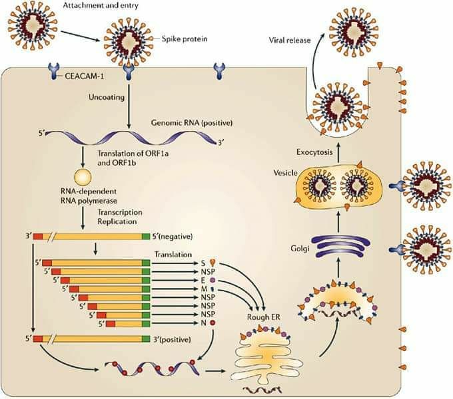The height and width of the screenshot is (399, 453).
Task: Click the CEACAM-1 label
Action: (85, 76)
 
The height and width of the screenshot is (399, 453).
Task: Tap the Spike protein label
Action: (185, 39)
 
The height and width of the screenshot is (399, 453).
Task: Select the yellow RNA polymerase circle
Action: (83, 177)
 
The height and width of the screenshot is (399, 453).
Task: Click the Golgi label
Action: (300, 248)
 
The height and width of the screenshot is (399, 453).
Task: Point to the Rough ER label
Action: (264, 317)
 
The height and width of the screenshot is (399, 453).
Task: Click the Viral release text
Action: (290, 40)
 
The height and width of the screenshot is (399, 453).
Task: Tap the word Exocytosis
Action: (314, 152)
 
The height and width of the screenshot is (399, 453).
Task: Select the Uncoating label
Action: (107, 98)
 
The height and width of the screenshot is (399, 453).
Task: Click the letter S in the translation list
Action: (203, 263)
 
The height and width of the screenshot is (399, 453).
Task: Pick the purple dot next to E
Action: (213, 280)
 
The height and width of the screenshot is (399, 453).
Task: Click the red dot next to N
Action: (213, 323)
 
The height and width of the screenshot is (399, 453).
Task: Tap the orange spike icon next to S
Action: (213, 263)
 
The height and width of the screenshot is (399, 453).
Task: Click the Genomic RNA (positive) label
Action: (192, 123)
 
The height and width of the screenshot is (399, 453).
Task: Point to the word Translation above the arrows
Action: (173, 254)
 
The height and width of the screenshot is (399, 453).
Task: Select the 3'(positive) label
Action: (172, 339)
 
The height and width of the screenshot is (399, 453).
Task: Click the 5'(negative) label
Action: (173, 236)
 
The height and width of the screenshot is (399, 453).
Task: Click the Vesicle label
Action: (285, 173)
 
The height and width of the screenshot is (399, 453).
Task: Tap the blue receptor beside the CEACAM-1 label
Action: (54, 72)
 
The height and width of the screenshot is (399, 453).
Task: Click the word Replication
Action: (117, 221)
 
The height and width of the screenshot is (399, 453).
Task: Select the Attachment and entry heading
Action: (101, 5)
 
